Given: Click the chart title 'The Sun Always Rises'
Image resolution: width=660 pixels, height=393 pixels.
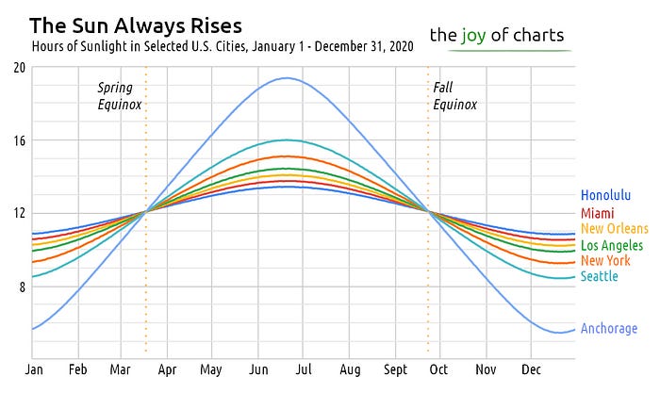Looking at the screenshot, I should pyautogui.click(x=136, y=24).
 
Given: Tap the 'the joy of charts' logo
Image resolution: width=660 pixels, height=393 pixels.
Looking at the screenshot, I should pyautogui.click(x=497, y=36).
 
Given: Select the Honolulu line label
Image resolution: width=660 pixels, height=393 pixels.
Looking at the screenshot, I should pyautogui.click(x=605, y=196).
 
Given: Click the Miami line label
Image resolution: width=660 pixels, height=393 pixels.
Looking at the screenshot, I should pyautogui.click(x=598, y=213).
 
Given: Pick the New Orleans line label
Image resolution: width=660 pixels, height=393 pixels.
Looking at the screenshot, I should pyautogui.click(x=615, y=229).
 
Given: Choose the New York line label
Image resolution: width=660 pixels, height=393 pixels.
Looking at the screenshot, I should pyautogui.click(x=605, y=261).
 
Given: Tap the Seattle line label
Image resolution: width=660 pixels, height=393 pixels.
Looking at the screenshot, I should pyautogui.click(x=600, y=276).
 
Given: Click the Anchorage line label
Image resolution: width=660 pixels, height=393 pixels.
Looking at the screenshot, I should pyautogui.click(x=609, y=329).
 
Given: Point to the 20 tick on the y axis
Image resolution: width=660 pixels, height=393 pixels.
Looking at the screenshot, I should pyautogui.click(x=20, y=67).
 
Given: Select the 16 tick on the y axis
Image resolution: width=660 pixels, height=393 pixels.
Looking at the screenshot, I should pyautogui.click(x=20, y=140).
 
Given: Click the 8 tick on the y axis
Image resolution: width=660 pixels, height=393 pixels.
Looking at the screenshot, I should pyautogui.click(x=22, y=287).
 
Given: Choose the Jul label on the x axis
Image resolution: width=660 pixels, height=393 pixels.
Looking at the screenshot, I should pyautogui.click(x=303, y=370).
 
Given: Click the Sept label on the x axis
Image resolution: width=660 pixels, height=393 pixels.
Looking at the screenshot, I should pyautogui.click(x=396, y=370).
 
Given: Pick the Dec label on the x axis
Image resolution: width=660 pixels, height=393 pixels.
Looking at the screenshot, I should pyautogui.click(x=531, y=370).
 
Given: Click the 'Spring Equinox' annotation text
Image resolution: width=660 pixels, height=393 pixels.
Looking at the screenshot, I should pyautogui.click(x=120, y=96).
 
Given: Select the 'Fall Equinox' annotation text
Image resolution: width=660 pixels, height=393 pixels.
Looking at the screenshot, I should pyautogui.click(x=450, y=96).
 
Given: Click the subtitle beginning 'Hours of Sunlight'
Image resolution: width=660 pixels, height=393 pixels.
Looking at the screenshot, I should pyautogui.click(x=218, y=45).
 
